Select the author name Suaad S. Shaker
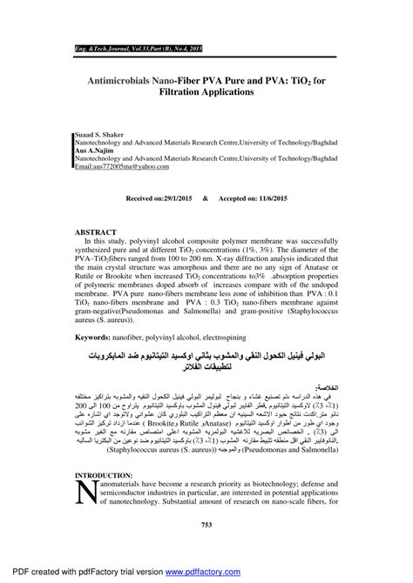tap(96, 135)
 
